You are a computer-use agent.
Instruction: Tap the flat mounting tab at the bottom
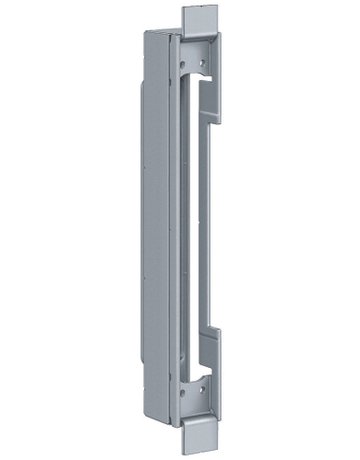tap(199, 436)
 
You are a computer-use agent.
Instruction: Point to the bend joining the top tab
tap(199, 37)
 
